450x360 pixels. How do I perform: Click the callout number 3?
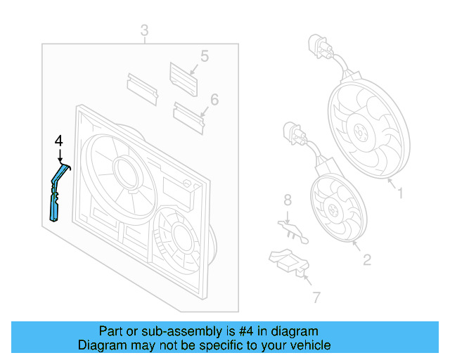144,30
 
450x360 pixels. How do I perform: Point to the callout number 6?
214,100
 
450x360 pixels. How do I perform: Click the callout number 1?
400,191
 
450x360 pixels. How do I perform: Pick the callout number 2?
366,261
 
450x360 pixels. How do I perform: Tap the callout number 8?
287,201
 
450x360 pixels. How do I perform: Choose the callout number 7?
316,298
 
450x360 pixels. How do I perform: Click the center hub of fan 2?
333,207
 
